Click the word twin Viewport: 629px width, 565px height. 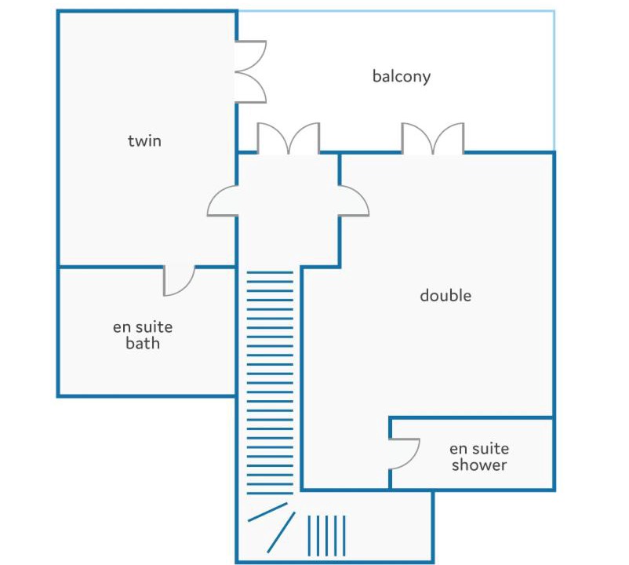point(144,140)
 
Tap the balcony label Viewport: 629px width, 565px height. point(402,76)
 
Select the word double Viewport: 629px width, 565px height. point(445,295)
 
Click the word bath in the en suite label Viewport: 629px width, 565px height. point(143,343)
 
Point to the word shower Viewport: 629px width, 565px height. point(479,465)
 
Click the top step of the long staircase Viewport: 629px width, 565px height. point(270,272)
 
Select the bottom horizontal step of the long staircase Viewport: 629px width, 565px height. point(270,493)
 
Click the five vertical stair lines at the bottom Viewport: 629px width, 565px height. point(326,536)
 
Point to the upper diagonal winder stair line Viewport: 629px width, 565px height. point(267,512)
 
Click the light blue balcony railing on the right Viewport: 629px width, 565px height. point(554,81)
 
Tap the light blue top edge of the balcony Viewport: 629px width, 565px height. point(396,11)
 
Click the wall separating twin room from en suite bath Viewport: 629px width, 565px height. point(147,266)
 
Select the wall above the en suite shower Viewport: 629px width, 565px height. point(472,417)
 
